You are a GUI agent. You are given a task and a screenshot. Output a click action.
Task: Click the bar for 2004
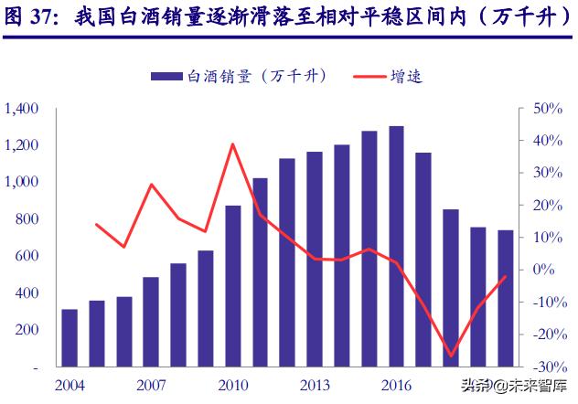click(70, 337)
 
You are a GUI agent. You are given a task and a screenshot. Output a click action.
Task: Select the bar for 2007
click(151, 321)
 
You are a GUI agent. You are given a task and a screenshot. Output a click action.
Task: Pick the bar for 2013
click(315, 259)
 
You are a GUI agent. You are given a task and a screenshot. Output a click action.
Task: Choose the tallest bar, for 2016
click(396, 246)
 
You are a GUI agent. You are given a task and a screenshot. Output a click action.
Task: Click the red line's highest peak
click(232, 144)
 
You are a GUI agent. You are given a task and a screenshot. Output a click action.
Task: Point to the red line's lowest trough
click(451, 356)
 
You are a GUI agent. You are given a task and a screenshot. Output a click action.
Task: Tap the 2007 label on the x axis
click(151, 385)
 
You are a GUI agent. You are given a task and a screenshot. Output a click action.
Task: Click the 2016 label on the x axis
click(396, 385)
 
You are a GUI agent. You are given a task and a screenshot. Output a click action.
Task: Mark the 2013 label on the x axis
click(315, 385)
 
